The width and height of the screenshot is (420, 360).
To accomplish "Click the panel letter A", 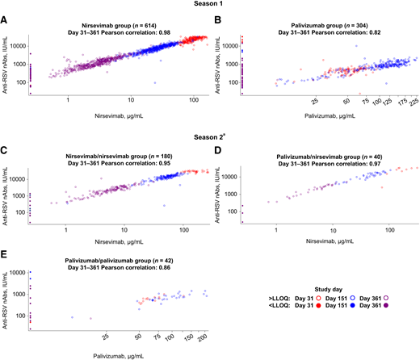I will click(5, 18).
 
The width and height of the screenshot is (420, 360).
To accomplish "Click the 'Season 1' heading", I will click(212, 5).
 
